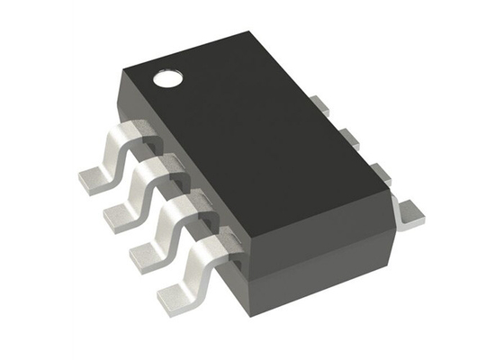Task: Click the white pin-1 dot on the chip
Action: point(167,78)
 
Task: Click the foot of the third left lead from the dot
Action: point(147,256)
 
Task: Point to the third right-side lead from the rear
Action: point(375,170)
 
